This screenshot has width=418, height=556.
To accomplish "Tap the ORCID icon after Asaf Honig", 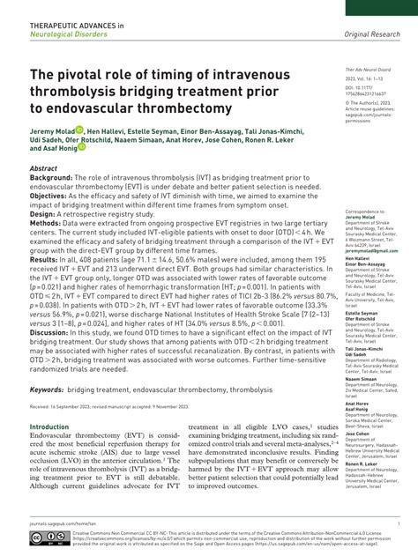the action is [82, 148].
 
